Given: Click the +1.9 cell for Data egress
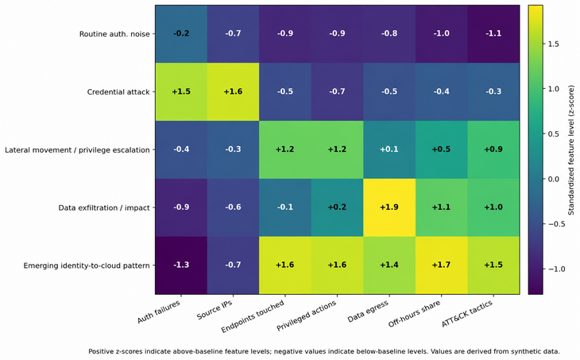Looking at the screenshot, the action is coord(389,207).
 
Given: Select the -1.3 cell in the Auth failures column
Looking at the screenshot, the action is coord(181,265).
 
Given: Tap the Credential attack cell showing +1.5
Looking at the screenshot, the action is coord(181,91).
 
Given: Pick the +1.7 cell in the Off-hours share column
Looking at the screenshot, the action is coord(441,265).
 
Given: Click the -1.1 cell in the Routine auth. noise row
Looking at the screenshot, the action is coord(493,33).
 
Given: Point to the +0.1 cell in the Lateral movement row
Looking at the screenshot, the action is coord(389,149).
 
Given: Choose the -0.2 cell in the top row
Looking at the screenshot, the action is coord(181,33).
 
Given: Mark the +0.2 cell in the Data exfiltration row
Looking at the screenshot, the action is coord(337,207).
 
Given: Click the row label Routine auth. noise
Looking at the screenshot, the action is coord(114,34).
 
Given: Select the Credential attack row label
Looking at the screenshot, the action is coord(118,91).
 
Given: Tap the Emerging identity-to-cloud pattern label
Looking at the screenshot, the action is coord(87,265).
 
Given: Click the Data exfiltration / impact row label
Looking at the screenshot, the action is coord(104,208).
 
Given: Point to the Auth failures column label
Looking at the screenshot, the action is coord(159,312).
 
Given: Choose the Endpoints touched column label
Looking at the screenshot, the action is coord(253,316).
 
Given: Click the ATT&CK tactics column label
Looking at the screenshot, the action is coord(467,314).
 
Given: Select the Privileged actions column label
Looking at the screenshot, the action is coord(307,315).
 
